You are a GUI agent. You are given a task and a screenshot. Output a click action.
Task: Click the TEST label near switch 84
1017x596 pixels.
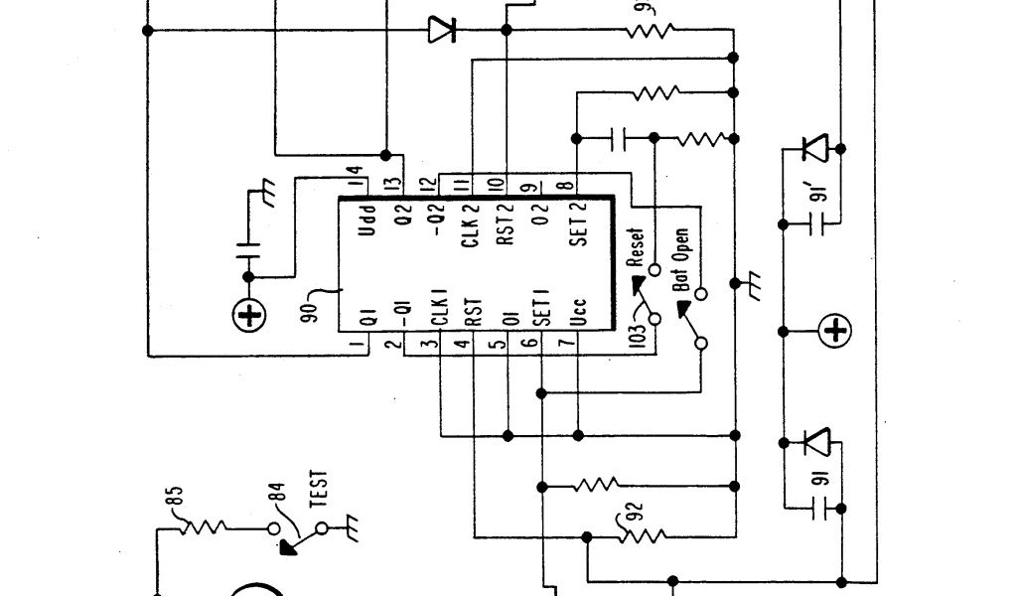tap(320, 491)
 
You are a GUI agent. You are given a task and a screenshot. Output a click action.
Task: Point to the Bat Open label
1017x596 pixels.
tap(681, 259)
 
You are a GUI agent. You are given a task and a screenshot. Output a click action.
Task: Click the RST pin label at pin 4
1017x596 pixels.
tap(473, 313)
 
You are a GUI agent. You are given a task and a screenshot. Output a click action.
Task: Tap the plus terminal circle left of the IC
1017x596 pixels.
tap(249, 317)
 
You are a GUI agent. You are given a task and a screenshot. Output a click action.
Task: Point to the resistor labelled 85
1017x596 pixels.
tap(206, 524)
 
